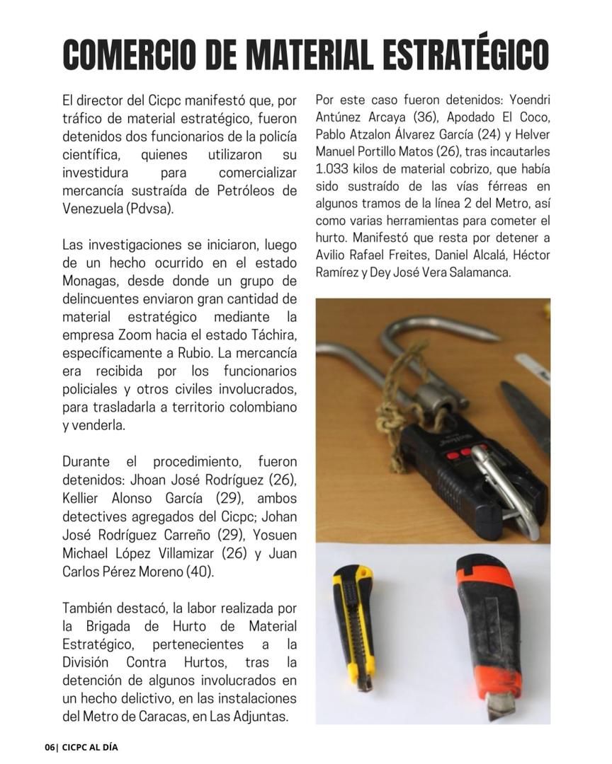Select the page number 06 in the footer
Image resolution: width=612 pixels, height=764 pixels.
click(49, 747)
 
